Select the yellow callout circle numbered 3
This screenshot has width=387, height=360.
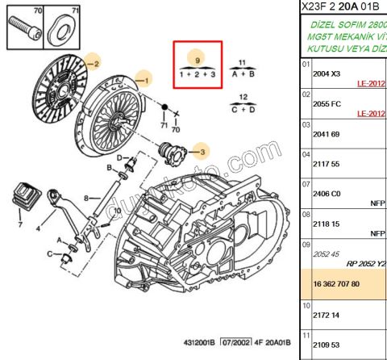click(202, 151)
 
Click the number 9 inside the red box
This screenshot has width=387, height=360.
click(195, 61)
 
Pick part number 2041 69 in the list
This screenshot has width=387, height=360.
click(327, 133)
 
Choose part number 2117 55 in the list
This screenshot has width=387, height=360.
click(327, 164)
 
